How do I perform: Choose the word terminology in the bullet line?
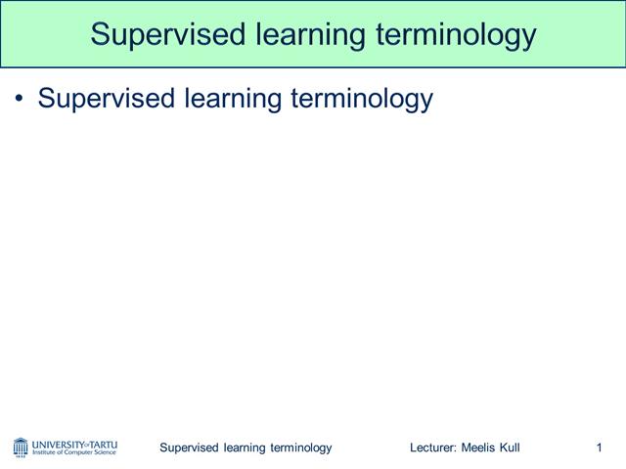pos(362,99)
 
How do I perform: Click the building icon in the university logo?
pos(21,448)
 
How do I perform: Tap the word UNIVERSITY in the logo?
pos(58,443)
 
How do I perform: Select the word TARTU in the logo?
pos(102,443)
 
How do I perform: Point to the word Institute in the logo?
pos(46,452)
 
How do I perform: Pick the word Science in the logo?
pos(105,452)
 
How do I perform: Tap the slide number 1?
pos(598,448)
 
